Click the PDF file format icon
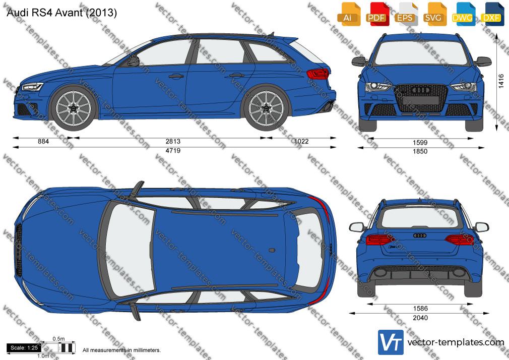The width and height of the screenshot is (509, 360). [x=376, y=14]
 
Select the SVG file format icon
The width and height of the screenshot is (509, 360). [x=434, y=14]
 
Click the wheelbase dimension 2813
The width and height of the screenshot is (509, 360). [x=173, y=141]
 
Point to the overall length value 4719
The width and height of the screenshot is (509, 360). [x=173, y=151]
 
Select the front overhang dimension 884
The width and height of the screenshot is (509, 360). [x=43, y=141]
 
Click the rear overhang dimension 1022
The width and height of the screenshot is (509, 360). [x=301, y=141]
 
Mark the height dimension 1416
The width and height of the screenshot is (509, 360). [x=501, y=81]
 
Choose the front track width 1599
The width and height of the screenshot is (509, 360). [x=420, y=143]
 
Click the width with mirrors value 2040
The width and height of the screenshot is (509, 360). [x=420, y=318]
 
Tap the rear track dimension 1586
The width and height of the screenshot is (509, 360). [x=420, y=309]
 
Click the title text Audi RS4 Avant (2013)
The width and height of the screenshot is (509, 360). [x=61, y=13]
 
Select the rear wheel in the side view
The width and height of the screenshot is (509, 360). [x=266, y=108]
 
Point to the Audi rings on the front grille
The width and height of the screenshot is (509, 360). [x=420, y=90]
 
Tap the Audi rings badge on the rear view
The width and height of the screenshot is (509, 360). [x=420, y=235]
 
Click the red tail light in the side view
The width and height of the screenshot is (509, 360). [x=318, y=74]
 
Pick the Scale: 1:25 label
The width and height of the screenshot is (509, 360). [x=24, y=348]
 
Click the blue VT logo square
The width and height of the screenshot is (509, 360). [x=391, y=342]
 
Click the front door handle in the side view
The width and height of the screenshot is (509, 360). [x=176, y=76]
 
